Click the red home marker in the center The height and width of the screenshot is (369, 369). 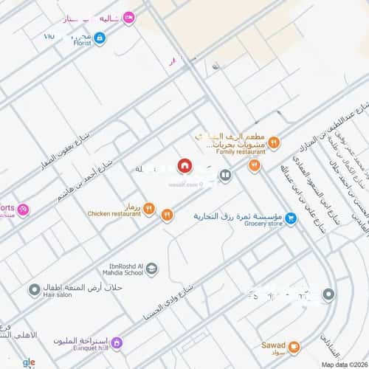click(x=185, y=166)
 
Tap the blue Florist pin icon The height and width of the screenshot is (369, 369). click(x=100, y=37)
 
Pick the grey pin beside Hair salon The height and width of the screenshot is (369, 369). click(x=34, y=290)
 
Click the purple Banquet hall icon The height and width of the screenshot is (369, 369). click(x=116, y=344)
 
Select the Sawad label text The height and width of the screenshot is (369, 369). click(x=272, y=345)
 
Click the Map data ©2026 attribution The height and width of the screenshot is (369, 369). click(x=342, y=364)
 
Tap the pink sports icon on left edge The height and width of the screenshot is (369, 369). click(x=22, y=210)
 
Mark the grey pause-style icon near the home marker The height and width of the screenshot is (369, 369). click(x=225, y=176)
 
